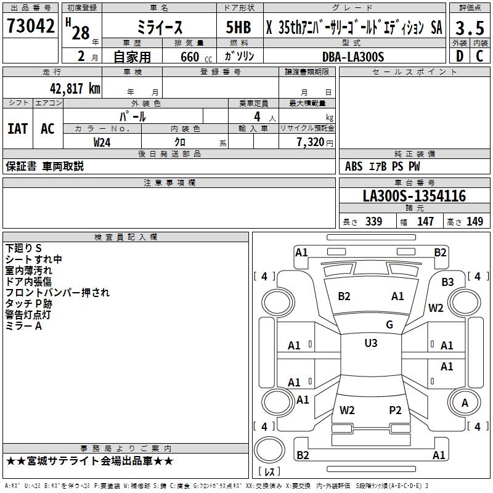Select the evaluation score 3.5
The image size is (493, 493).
[x=469, y=28]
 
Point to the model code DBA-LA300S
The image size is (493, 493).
[x=352, y=57]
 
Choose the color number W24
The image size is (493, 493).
[x=102, y=142]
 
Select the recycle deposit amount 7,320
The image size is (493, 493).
[x=307, y=142]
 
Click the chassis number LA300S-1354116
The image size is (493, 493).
[x=414, y=196]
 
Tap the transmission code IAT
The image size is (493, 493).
[x=17, y=128]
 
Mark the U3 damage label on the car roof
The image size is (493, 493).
[x=370, y=343]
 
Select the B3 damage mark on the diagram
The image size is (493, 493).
[x=447, y=282]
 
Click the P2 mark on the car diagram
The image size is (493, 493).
[x=395, y=410]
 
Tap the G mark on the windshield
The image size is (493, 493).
[x=389, y=325]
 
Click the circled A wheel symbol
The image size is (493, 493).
[x=465, y=403]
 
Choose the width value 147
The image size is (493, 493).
[x=425, y=221]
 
